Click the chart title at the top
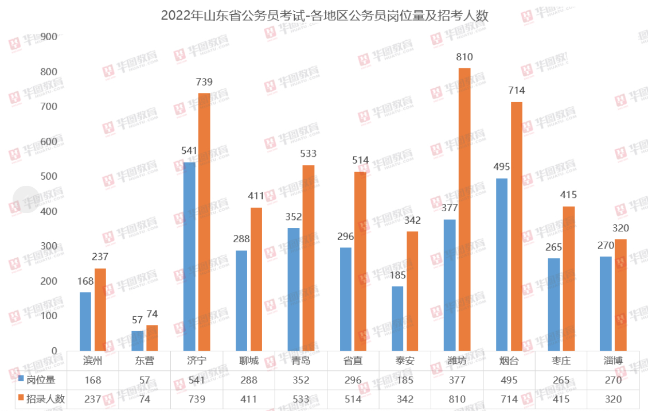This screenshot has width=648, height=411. tap(324, 15)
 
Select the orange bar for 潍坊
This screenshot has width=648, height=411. tap(464, 210)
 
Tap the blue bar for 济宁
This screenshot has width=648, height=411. tap(189, 257)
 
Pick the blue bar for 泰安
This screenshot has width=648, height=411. tap(397, 319)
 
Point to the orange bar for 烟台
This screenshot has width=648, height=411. tap(517, 227)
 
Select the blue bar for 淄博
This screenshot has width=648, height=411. tap(606, 304)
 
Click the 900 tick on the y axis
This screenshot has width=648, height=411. tap(49, 37)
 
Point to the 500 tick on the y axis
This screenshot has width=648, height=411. tap(49, 177)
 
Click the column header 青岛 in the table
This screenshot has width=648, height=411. tap(300, 361)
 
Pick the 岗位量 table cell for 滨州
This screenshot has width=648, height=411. tap(92, 380)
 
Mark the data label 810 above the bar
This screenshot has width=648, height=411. tap(464, 57)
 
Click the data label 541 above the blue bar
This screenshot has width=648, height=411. tap(189, 152)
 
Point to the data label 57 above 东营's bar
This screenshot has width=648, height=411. tap(137, 320)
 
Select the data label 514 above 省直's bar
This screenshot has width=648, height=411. tap(361, 160)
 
